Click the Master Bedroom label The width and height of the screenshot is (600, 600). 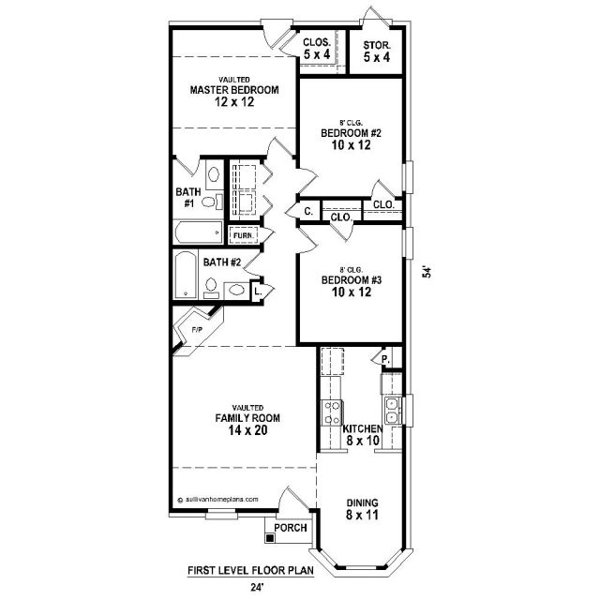point(234,90)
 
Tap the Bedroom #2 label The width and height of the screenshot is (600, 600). point(351,133)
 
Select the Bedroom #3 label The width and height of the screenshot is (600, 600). point(352,280)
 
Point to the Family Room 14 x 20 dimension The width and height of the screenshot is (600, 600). point(247,430)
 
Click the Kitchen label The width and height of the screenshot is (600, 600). point(363,428)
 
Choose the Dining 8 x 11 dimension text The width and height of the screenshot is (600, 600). point(362,515)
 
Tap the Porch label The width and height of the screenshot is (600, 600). point(291,528)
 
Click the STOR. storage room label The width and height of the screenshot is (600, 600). point(377,46)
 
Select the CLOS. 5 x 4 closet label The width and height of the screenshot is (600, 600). point(317,49)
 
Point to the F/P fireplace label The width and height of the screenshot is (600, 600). point(197,329)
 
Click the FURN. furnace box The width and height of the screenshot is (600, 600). point(244,235)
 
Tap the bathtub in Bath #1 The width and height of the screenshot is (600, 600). point(199,232)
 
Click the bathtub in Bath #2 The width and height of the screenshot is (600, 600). point(186,275)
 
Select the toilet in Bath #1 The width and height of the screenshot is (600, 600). point(212,202)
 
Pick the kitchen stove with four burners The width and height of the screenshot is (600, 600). point(332,412)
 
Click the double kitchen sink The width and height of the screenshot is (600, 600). point(393,411)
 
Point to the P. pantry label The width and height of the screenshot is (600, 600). point(385,359)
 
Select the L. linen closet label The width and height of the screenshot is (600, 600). point(258,292)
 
